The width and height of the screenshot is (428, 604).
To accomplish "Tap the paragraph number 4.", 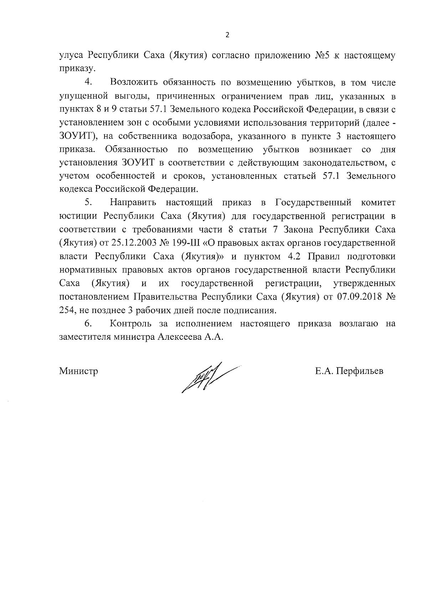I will point(88,82).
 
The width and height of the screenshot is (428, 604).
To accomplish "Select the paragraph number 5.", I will point(88,203).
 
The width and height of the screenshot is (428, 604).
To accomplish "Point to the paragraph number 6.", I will point(88,323).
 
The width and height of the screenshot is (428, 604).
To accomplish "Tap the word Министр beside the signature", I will point(78,371).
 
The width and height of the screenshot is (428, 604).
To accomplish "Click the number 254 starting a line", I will point(67,310).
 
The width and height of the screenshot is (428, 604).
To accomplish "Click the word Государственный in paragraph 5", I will point(314,203).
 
